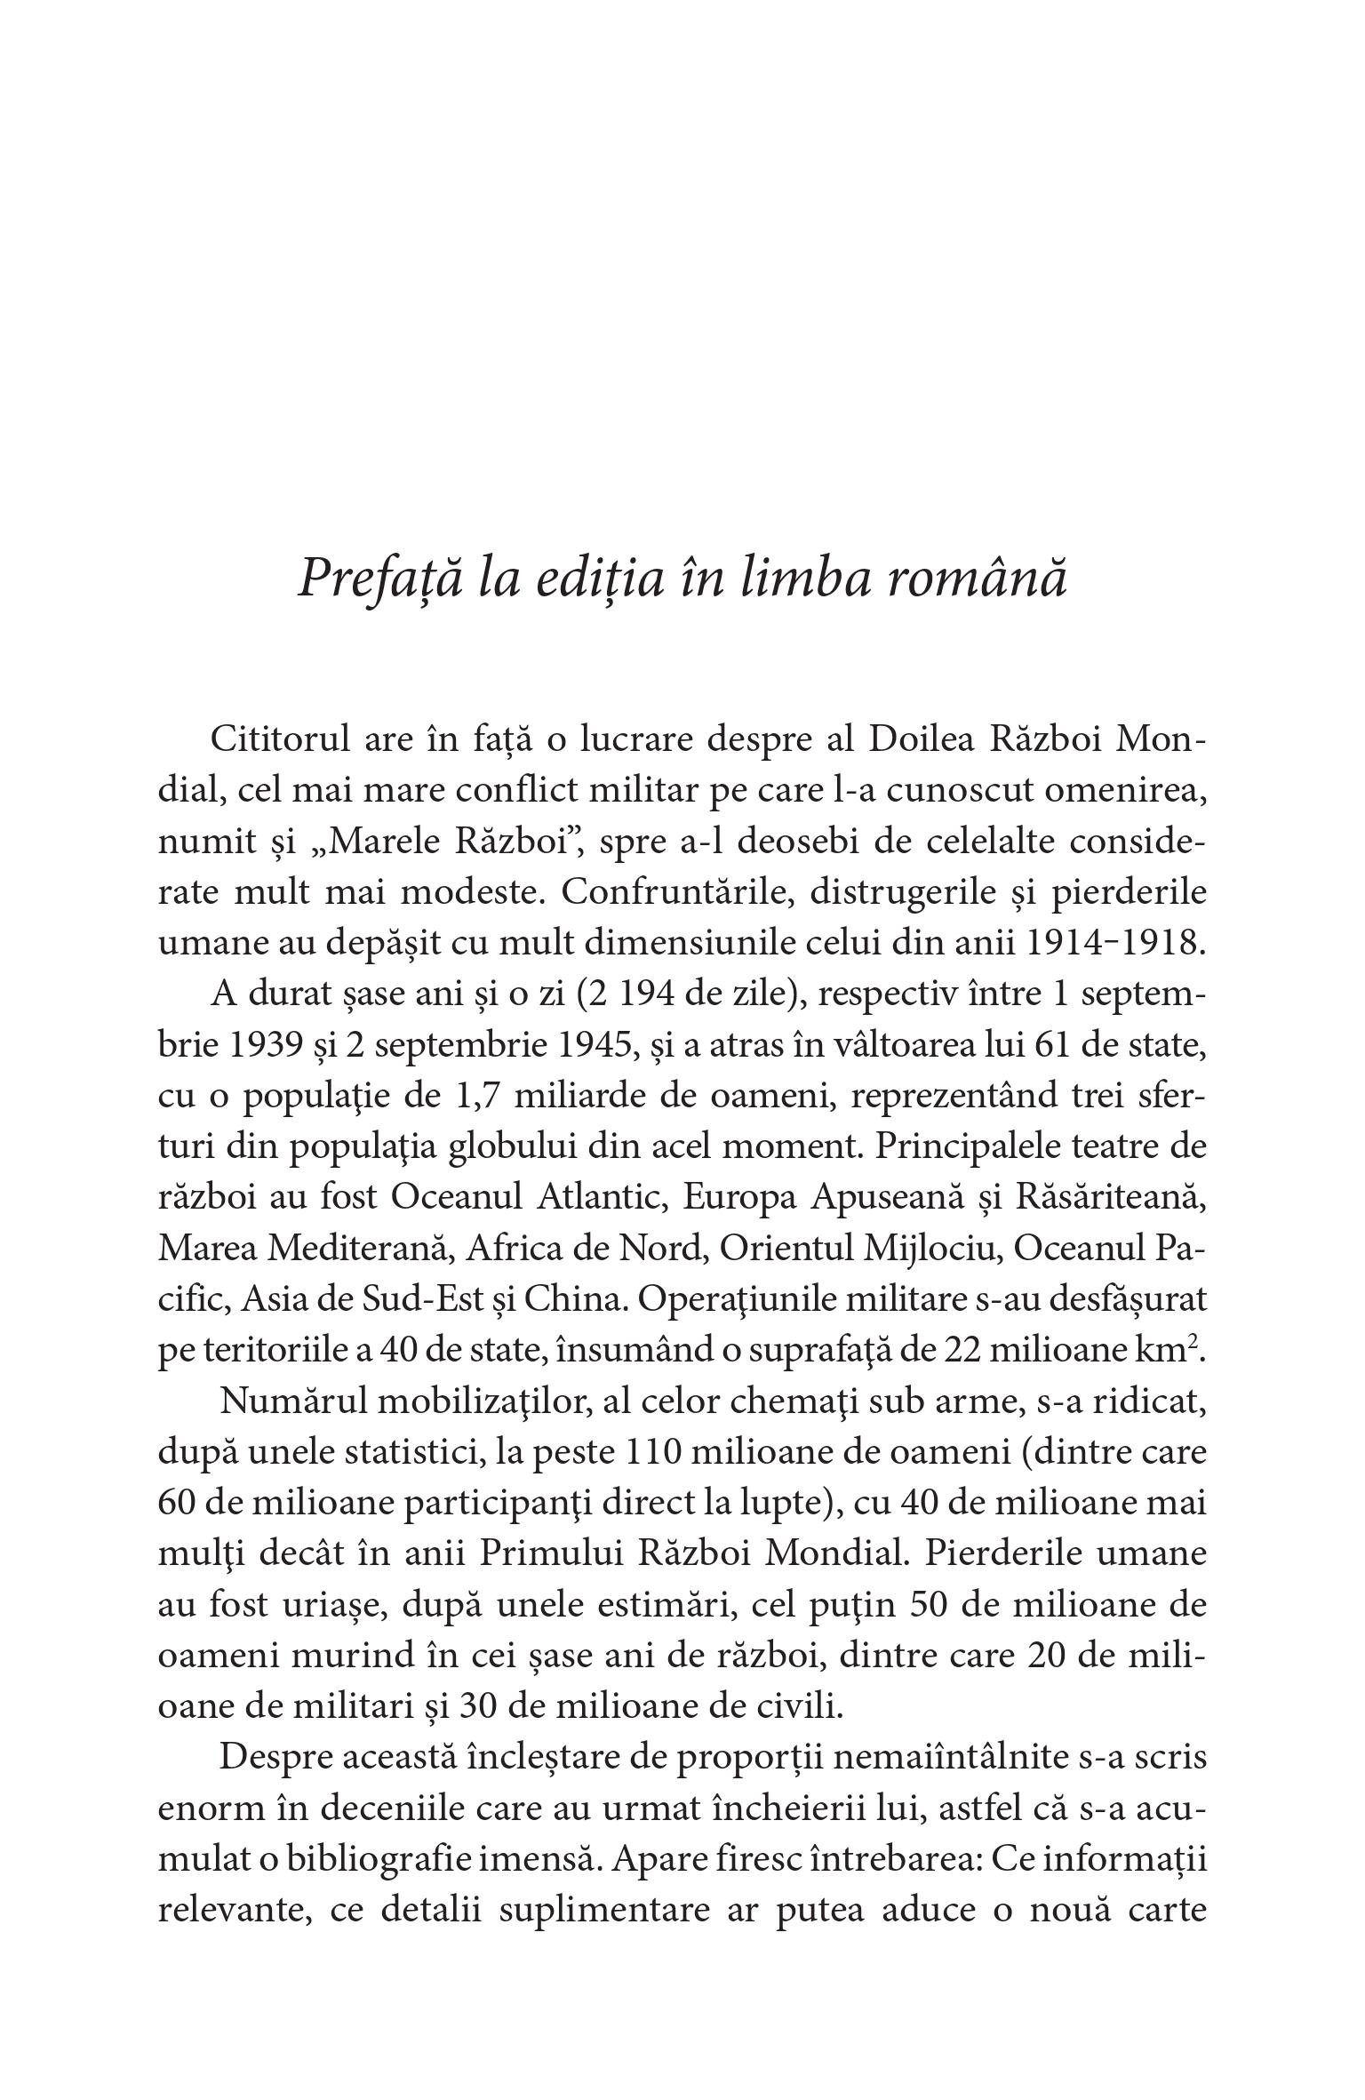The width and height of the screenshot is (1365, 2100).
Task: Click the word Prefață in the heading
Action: [379, 579]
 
